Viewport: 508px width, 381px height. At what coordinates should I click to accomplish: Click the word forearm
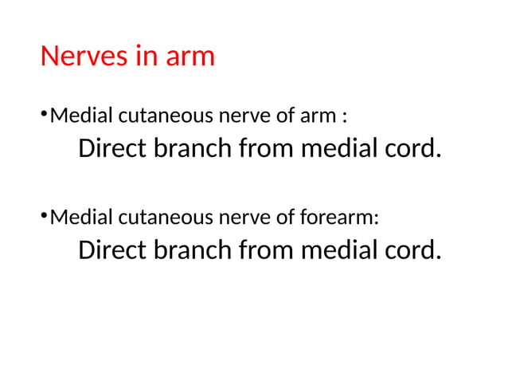click(x=343, y=218)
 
